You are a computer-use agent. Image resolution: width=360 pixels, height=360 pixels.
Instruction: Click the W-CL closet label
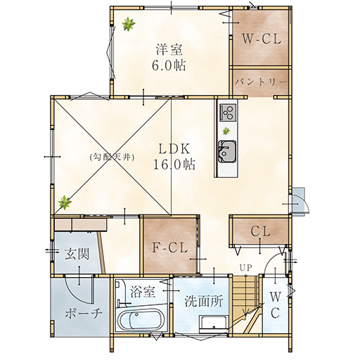[262, 39]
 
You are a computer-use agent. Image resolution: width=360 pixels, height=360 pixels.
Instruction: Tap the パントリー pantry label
[261, 82]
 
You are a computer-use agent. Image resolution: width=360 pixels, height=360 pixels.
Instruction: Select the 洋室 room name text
[169, 49]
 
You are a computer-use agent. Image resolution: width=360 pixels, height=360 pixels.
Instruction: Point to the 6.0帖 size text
[169, 65]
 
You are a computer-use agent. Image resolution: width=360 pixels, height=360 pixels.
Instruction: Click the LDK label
[174, 149]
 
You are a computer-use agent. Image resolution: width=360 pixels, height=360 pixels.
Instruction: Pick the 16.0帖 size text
[174, 165]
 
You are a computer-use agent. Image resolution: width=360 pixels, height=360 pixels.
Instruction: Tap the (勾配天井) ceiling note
[112, 157]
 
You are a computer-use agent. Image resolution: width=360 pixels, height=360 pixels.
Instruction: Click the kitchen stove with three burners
[228, 112]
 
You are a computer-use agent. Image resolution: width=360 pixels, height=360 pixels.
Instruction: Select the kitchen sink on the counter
[227, 152]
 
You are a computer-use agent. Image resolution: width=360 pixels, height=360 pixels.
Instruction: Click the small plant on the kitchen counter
[226, 131]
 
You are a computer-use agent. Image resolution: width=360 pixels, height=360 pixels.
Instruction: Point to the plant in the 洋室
[129, 24]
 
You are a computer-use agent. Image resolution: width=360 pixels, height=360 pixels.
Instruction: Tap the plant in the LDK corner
[65, 202]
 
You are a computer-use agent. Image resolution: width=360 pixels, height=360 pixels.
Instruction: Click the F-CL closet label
[170, 247]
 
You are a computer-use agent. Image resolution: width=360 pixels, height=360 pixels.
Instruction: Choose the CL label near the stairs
[260, 231]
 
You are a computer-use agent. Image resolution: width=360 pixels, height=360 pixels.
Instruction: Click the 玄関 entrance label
[77, 254]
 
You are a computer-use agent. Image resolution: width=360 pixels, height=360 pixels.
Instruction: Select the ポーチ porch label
[84, 313]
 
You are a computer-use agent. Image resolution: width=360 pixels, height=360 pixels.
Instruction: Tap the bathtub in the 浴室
[141, 320]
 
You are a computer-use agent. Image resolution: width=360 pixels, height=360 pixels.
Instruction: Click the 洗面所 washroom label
[203, 301]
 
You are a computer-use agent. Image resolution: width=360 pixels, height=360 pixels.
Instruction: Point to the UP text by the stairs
[245, 267]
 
